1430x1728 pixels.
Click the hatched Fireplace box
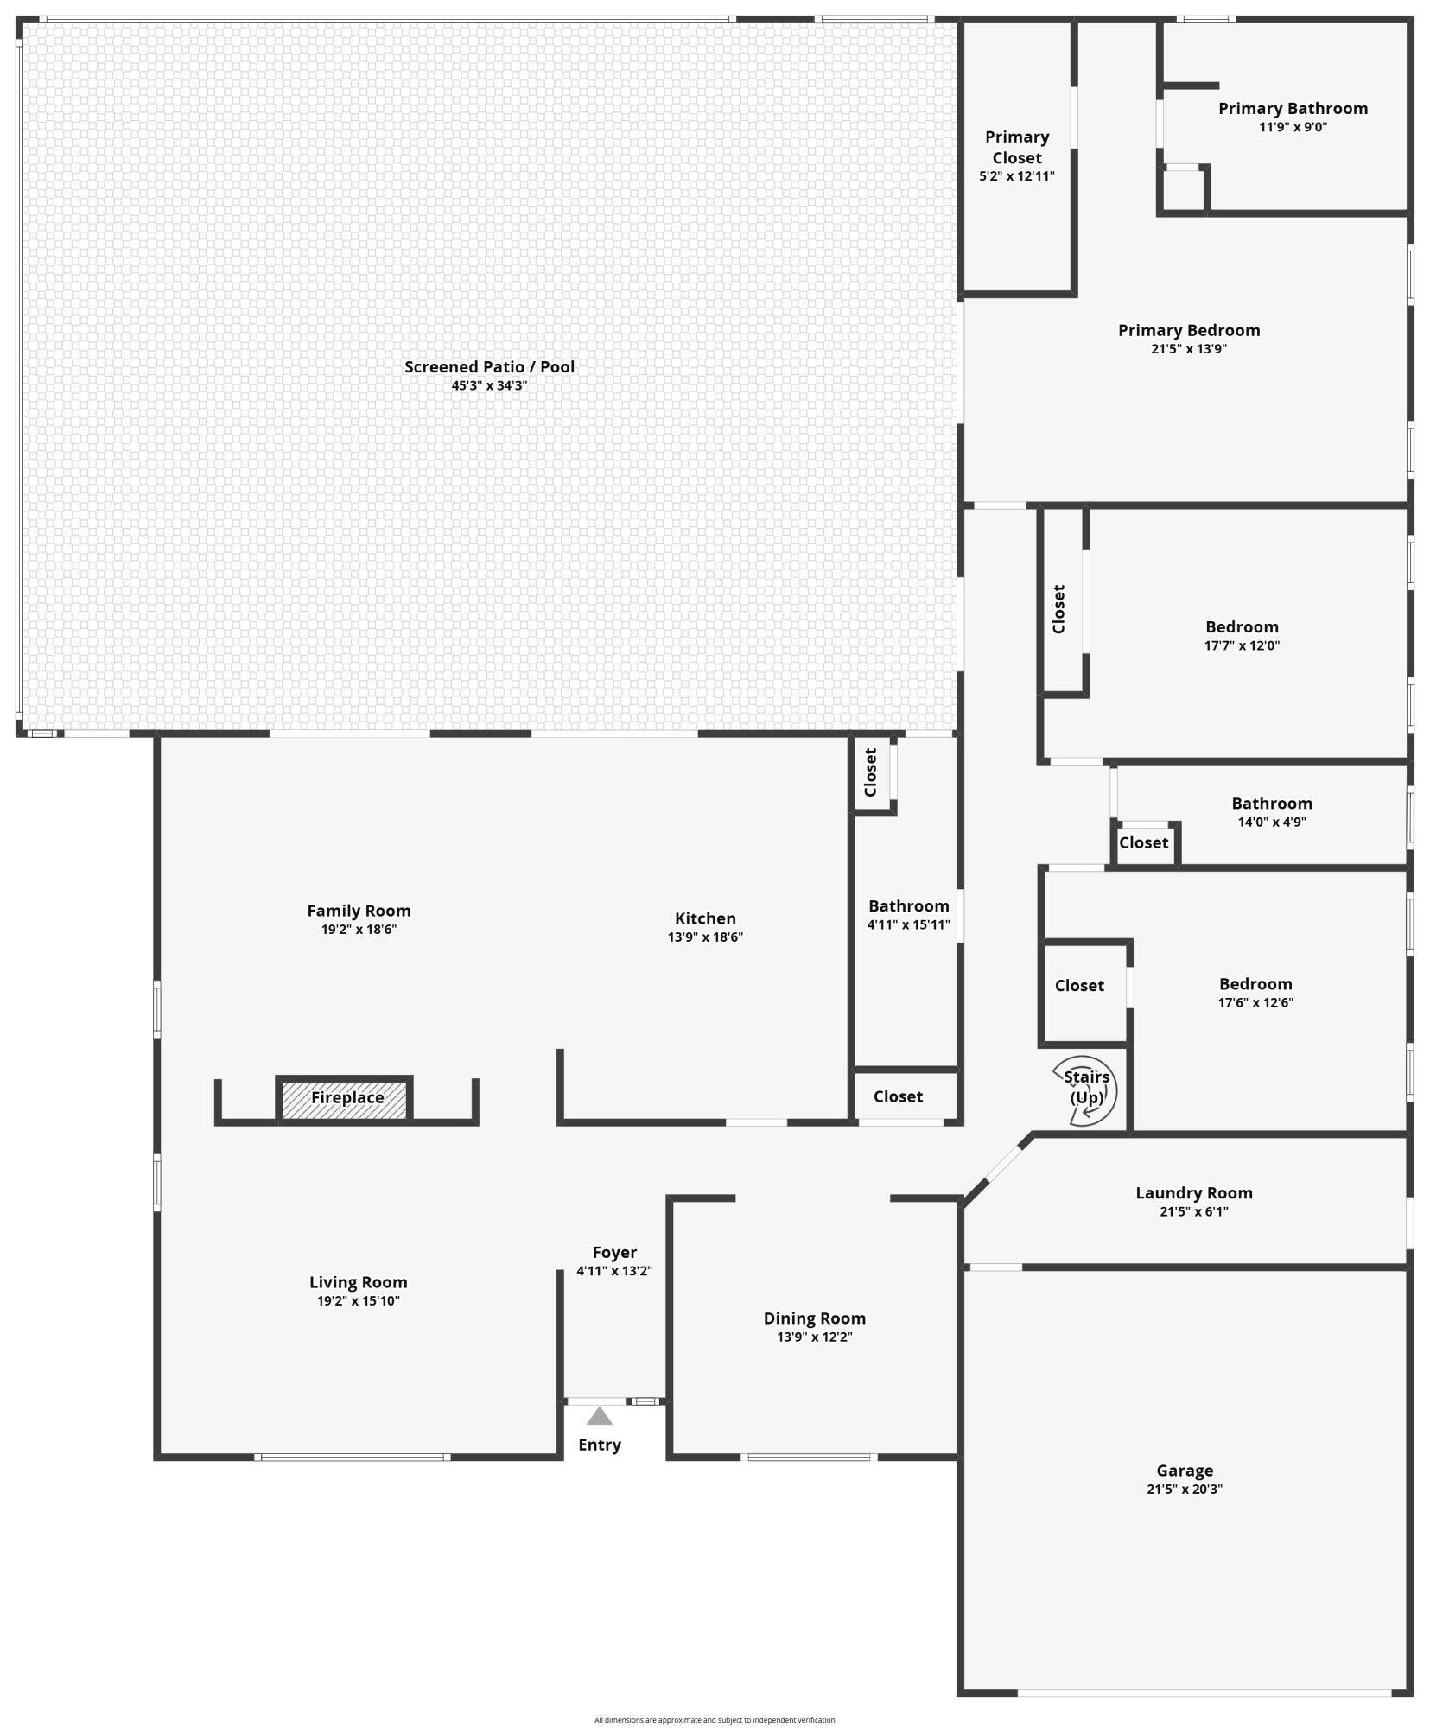345,1098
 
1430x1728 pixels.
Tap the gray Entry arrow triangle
599,1416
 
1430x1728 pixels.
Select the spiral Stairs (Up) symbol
1085,1090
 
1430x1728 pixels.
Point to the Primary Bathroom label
1292,108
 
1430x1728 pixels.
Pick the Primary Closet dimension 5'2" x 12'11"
1016,176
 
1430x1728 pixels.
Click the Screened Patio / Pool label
489,366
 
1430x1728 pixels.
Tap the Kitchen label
705,918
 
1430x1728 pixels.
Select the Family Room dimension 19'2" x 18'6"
359,930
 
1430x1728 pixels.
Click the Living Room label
358,1282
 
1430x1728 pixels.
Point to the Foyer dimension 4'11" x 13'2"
613,1271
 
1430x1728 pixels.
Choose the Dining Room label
814,1318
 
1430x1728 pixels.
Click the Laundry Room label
1193,1192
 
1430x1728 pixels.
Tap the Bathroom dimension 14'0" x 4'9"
1271,822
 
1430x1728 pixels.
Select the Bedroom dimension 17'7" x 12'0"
1242,645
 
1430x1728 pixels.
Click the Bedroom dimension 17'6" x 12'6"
1255,1002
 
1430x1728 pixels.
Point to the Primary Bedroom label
1188,330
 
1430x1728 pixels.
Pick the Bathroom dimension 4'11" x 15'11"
908,924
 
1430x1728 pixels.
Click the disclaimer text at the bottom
714,1720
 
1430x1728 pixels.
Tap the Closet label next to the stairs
1078,985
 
